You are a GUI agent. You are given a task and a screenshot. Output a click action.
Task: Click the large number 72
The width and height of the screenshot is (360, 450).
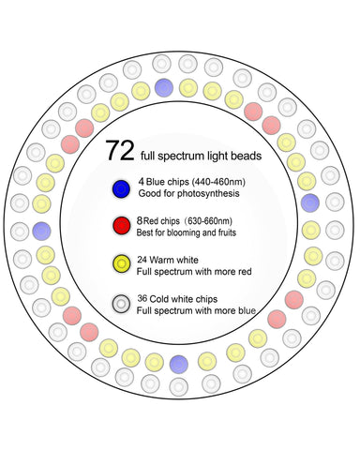point(120,151)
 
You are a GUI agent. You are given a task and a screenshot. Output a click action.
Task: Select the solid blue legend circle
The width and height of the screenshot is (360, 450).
point(121,188)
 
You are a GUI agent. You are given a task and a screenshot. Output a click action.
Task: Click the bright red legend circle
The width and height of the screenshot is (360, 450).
point(122,226)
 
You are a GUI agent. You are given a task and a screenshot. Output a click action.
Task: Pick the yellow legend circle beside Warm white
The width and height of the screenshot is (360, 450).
point(122,263)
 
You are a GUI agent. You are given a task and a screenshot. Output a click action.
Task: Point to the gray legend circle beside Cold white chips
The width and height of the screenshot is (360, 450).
point(122,304)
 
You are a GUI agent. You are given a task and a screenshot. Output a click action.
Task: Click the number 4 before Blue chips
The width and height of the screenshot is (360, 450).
point(142,182)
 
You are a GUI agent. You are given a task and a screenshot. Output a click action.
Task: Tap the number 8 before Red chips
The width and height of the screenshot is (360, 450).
point(140,220)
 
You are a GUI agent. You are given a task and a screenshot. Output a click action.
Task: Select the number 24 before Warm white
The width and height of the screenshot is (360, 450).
point(142,260)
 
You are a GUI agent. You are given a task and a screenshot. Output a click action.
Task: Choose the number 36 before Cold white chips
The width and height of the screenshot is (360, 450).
point(142,298)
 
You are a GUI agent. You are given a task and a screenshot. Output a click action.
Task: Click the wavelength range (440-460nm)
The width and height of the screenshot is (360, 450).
point(218,182)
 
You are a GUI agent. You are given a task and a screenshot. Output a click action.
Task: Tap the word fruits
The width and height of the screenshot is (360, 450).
point(227,232)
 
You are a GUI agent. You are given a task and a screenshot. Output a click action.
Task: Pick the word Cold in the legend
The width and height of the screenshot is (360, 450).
point(158,299)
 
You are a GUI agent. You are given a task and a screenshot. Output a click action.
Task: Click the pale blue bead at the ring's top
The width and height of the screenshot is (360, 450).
point(164,87)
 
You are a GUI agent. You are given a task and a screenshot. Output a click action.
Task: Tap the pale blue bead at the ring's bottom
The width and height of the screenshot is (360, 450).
point(179,365)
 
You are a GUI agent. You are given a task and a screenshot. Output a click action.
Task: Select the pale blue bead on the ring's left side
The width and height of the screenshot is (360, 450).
point(41,232)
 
